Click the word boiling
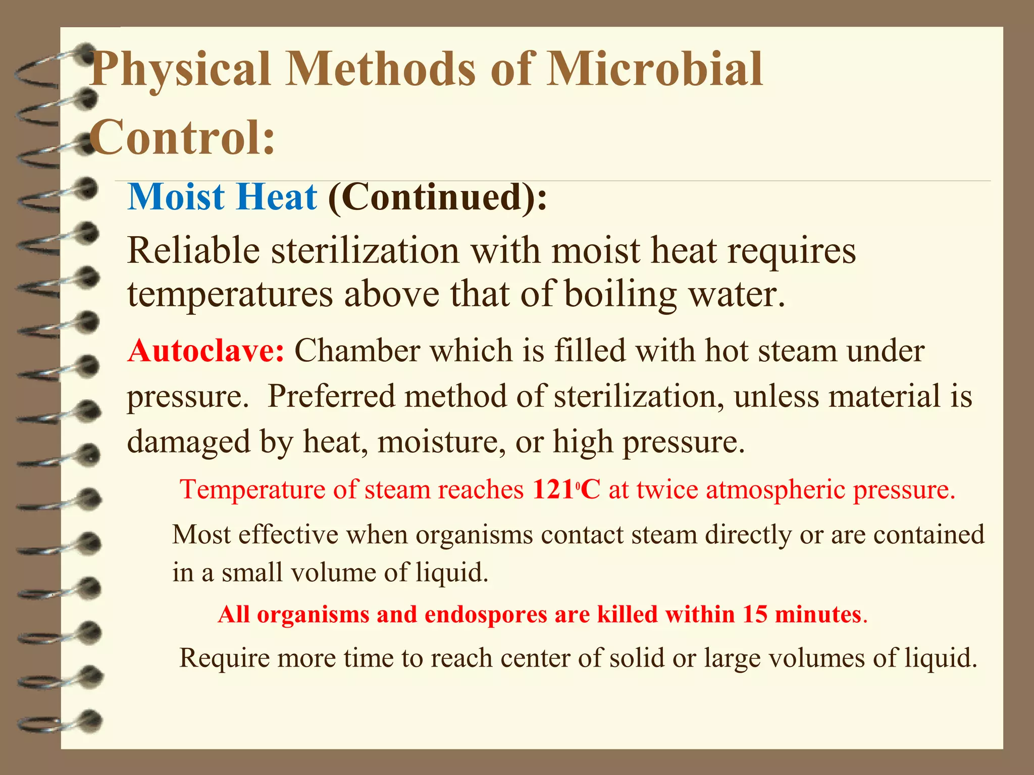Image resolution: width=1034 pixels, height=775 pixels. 621,295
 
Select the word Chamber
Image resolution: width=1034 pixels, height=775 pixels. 356,351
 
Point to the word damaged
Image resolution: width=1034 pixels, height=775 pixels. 188,442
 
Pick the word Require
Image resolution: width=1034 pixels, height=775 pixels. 225,658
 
